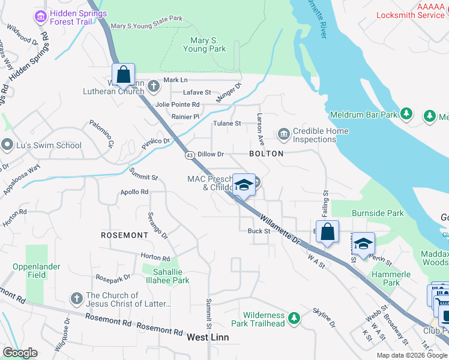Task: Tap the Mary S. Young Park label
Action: click(x=208, y=45)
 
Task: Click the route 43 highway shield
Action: click(x=189, y=154)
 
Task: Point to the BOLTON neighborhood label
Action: click(x=266, y=154)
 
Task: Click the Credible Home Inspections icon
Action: click(x=283, y=133)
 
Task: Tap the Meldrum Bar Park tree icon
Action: click(x=406, y=113)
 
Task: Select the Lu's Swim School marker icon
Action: click(x=7, y=145)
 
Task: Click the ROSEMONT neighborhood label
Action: click(x=124, y=235)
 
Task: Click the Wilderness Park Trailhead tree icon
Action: click(x=294, y=317)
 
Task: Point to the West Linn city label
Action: click(x=208, y=337)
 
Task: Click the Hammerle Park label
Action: click(x=391, y=278)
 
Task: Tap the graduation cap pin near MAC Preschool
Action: click(x=244, y=185)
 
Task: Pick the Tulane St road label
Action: click(x=227, y=124)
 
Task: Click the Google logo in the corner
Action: click(x=20, y=353)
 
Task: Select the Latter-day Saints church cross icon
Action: click(x=76, y=298)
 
